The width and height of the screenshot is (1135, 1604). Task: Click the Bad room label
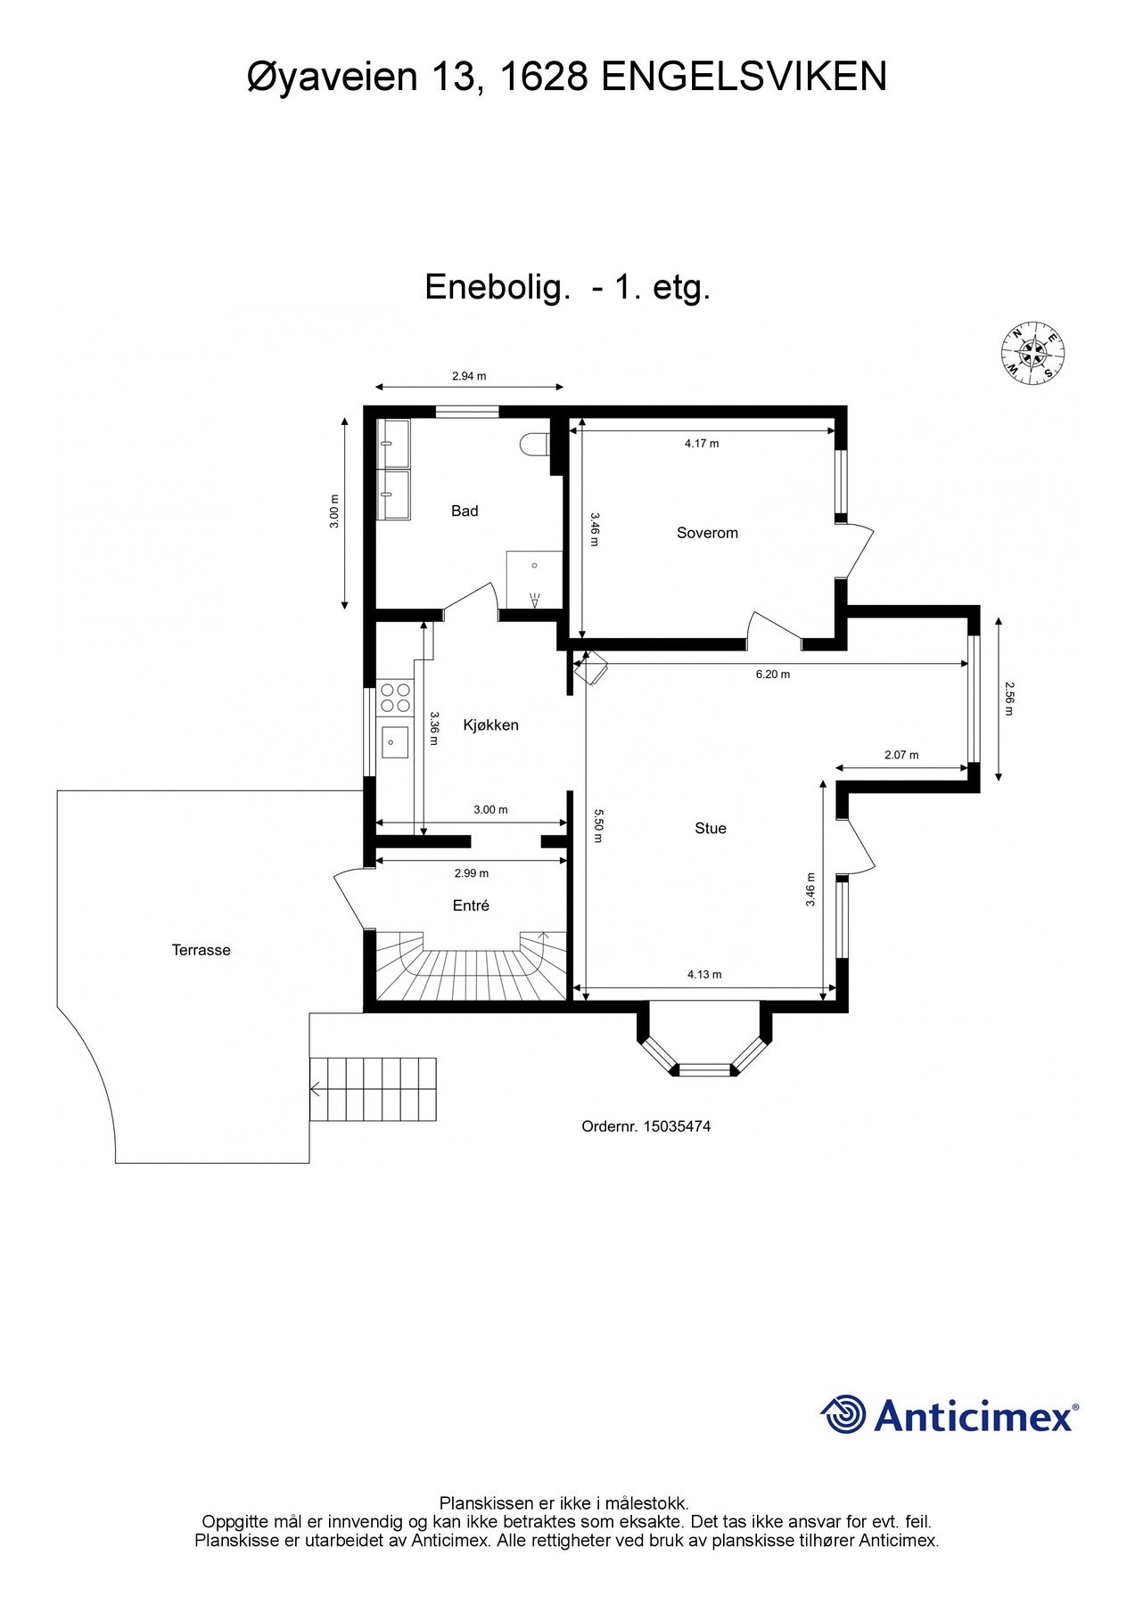tap(465, 511)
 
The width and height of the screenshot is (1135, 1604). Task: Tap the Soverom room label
tap(707, 533)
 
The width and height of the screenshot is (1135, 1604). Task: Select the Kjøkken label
tap(490, 725)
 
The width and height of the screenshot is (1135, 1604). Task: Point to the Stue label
tap(711, 828)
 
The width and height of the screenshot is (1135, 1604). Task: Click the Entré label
tap(471, 905)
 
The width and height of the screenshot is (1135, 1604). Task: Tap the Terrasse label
tap(202, 950)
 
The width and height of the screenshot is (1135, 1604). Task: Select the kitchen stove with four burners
tap(395, 697)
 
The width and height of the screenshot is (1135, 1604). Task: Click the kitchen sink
tap(395, 741)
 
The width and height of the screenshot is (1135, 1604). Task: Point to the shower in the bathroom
tap(534, 580)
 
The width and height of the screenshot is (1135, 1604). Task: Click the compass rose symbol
tap(1033, 353)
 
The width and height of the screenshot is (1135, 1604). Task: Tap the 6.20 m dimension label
tap(773, 675)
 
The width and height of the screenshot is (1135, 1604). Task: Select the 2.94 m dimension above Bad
tap(469, 376)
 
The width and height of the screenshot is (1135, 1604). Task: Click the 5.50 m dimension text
tap(599, 825)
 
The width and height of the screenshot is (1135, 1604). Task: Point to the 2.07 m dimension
tap(901, 755)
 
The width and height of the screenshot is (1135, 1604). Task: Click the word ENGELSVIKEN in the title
tap(744, 77)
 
